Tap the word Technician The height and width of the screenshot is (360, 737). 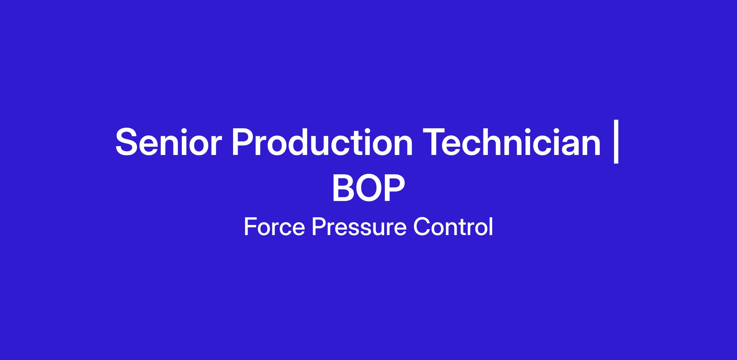click(512, 142)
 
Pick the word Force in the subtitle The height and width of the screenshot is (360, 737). click(274, 226)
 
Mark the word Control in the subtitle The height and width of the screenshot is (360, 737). click(453, 226)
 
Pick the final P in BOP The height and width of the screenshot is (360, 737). click(395, 188)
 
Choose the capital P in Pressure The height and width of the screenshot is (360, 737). click(319, 226)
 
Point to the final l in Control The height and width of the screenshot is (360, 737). click(491, 226)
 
